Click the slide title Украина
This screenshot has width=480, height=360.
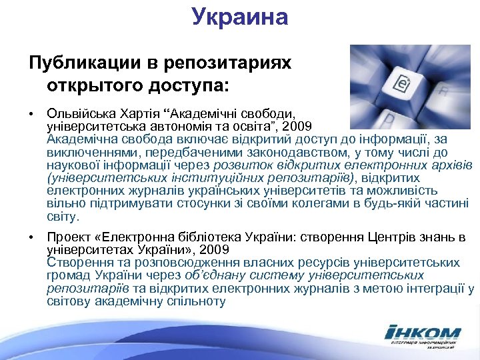pos(240,16)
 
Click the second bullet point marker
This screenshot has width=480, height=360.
pos(31,238)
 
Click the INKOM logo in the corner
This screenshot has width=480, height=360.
pos(423,335)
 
